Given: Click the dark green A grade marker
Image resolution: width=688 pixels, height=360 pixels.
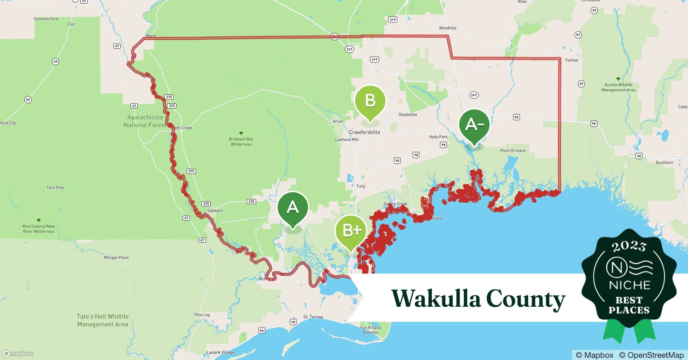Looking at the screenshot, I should pos(292,208).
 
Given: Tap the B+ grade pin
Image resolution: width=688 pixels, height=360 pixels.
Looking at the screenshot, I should pos(351,230).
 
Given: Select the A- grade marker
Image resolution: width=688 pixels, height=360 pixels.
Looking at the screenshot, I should pos(474,125).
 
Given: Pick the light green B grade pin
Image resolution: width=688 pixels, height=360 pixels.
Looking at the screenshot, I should pos(370,100).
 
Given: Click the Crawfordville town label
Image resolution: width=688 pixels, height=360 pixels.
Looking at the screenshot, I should pos(364,132).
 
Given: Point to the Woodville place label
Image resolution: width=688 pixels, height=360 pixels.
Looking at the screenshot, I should pos(447,28).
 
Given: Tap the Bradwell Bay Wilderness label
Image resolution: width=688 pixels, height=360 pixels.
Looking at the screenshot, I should pos(241,141).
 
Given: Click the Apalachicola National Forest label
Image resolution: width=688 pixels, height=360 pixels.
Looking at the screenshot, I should pos(145,121).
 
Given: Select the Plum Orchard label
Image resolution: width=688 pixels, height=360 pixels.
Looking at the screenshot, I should pos(512,150).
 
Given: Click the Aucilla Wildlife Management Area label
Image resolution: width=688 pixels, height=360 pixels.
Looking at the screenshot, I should pos(618,87).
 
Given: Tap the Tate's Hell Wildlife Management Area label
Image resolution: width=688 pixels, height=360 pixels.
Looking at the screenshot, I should pos(103,320).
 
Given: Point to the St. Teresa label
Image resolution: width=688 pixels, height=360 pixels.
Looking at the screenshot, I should pos(313,317).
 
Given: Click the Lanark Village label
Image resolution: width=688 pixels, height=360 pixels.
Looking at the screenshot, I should pos(220,352).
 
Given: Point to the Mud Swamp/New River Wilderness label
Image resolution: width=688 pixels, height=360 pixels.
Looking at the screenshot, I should pos(39,229).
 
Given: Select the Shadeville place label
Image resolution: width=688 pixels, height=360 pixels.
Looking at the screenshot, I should pos(407,114).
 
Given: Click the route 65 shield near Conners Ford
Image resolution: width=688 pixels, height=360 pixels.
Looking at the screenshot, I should pos(55,62).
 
